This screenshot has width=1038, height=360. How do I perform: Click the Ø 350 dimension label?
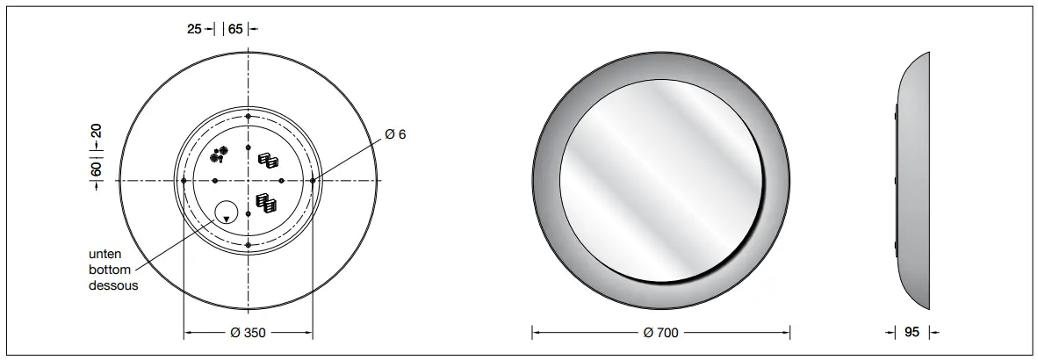click(x=247, y=333)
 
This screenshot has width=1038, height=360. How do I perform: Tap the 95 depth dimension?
click(x=911, y=333)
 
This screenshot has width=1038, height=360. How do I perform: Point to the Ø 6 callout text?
click(x=395, y=134)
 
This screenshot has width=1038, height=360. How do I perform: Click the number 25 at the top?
click(x=195, y=29)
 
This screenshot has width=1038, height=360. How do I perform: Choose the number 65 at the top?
click(x=235, y=29)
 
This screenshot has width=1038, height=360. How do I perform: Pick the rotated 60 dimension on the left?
click(x=97, y=166)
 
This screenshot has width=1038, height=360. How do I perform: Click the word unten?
click(x=105, y=254)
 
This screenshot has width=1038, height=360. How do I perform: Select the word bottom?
click(x=109, y=270)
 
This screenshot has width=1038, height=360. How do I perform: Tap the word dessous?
click(x=113, y=285)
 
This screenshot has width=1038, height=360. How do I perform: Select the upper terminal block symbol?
click(x=268, y=161)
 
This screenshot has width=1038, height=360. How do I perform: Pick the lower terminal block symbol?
click(x=266, y=203)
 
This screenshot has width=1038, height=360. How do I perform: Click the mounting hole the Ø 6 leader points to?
click(x=313, y=181)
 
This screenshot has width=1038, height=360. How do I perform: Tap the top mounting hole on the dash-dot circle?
click(x=249, y=117)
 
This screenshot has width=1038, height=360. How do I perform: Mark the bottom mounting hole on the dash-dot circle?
click(x=249, y=245)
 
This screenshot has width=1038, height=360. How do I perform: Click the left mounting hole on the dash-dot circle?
click(x=184, y=181)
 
